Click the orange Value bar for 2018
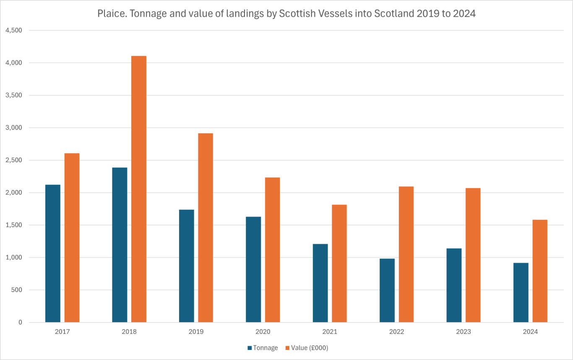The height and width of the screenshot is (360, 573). (x=139, y=189)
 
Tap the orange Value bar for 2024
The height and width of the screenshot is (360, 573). (x=540, y=271)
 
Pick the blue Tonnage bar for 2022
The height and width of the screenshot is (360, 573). (x=387, y=290)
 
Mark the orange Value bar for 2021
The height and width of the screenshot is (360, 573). (x=339, y=263)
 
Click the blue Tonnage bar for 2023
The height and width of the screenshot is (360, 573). (x=454, y=285)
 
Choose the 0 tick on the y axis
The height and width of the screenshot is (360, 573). (x=20, y=322)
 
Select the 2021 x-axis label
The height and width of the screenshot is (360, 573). (x=330, y=332)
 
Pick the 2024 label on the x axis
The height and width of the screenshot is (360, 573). (x=530, y=332)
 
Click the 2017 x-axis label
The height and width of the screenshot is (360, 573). (x=62, y=332)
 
